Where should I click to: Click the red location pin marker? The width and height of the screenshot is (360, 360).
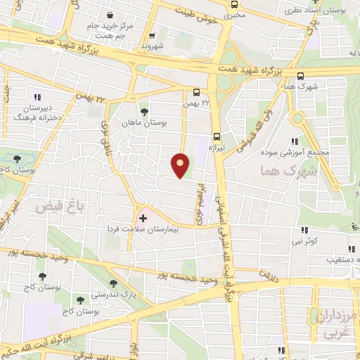pos(181,165)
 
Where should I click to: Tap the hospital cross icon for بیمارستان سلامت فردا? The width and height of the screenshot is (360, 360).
pos(143,218)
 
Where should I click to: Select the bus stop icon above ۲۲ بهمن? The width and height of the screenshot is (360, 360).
pos(196,91)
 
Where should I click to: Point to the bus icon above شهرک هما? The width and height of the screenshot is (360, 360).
pos(301,77)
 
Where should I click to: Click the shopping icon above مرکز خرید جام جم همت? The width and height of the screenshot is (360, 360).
pos(109,15)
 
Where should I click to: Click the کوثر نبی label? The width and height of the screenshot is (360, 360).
pos(305,241)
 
